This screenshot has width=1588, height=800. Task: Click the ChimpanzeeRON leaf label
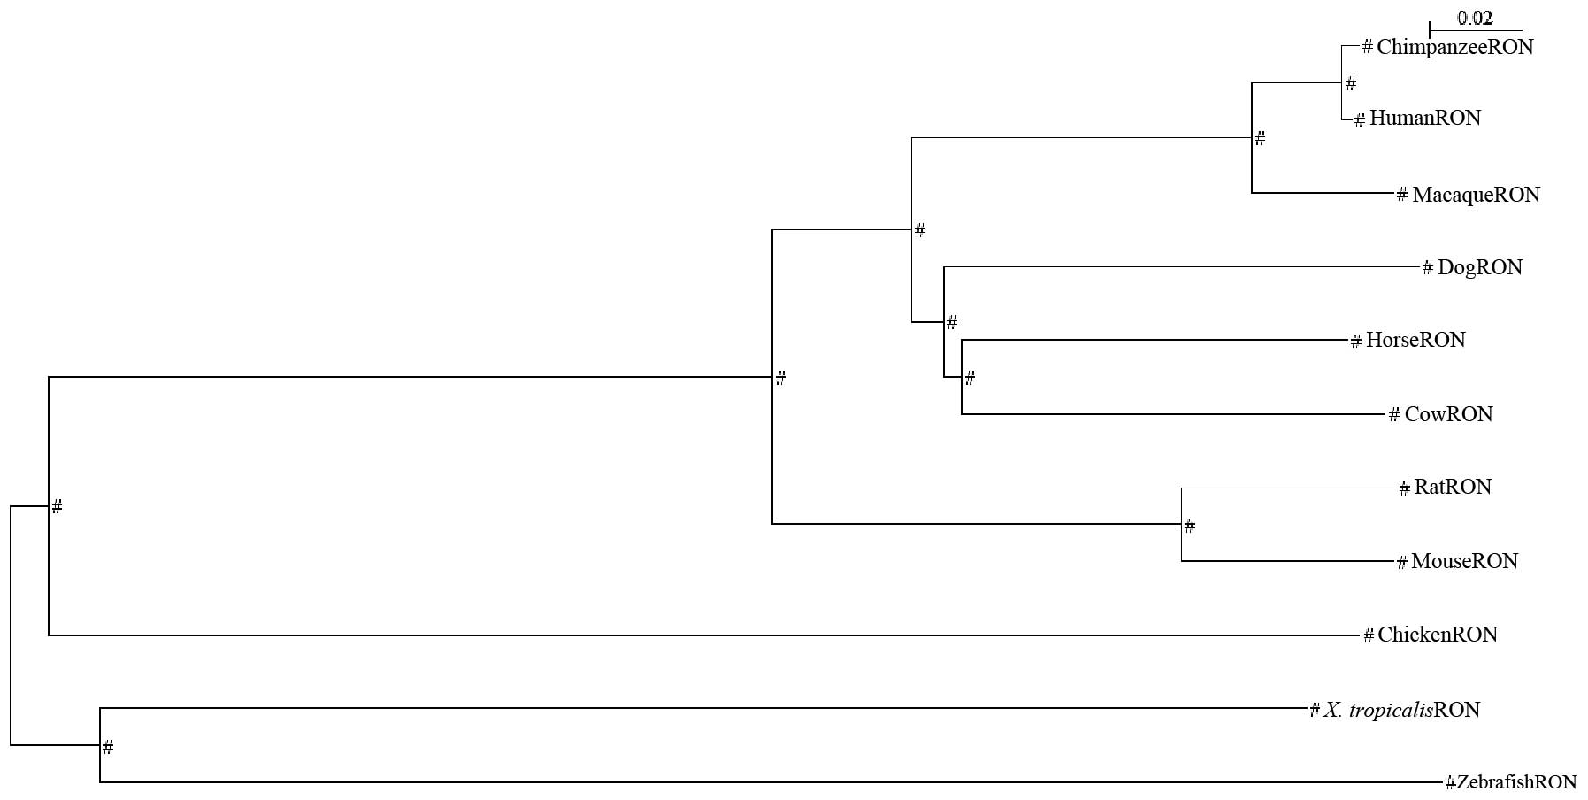point(1454,47)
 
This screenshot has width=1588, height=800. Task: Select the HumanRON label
point(1424,118)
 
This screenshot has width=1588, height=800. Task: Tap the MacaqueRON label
point(1476,195)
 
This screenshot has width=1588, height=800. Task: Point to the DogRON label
point(1480,267)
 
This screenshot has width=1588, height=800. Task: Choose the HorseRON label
point(1415,340)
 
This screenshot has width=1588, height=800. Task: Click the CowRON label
point(1448,414)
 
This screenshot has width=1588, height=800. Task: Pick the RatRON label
point(1453,487)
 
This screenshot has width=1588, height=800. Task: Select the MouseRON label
point(1464,561)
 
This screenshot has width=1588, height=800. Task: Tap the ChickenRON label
point(1437,635)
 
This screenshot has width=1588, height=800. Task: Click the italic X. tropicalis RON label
point(1401,710)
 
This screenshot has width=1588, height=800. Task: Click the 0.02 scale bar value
point(1475,18)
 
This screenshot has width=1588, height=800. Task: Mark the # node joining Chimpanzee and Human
point(1351,84)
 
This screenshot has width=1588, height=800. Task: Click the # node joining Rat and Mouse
point(1190,526)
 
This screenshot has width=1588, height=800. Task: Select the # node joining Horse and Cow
point(970,379)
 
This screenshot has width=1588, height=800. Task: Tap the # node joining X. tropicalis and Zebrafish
point(108,747)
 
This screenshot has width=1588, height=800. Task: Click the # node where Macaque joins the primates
point(1261,138)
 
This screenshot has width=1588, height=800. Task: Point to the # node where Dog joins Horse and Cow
point(952,322)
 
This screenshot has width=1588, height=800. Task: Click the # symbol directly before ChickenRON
point(1369,635)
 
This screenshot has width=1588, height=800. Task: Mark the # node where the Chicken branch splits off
point(57,506)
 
